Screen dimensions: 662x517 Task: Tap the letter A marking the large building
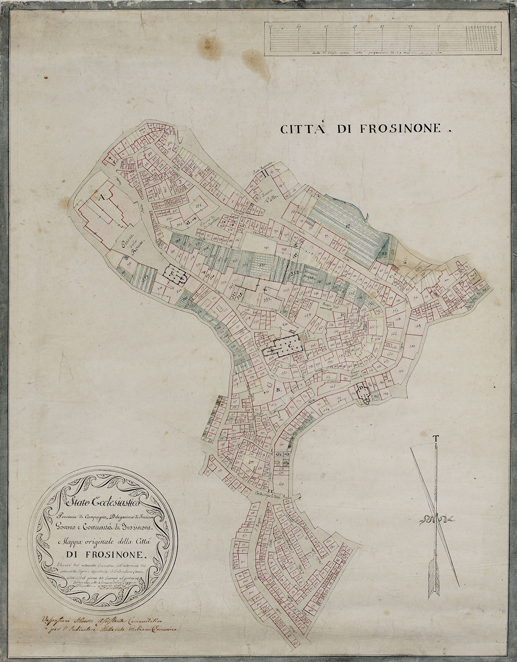(x=102, y=198)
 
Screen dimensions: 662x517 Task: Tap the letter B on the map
(x=279, y=391)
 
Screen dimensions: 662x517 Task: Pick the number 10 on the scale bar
(x=438, y=27)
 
